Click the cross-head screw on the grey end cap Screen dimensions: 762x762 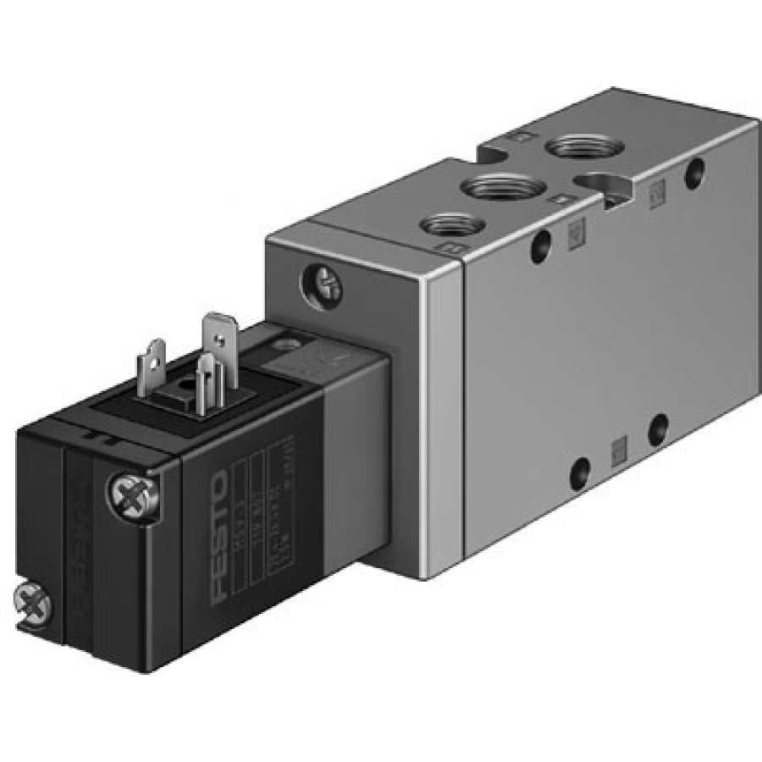point(324,284)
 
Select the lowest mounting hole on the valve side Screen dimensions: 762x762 point(580,469)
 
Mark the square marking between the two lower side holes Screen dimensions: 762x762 point(618,445)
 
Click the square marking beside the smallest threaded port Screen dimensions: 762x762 point(452,249)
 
